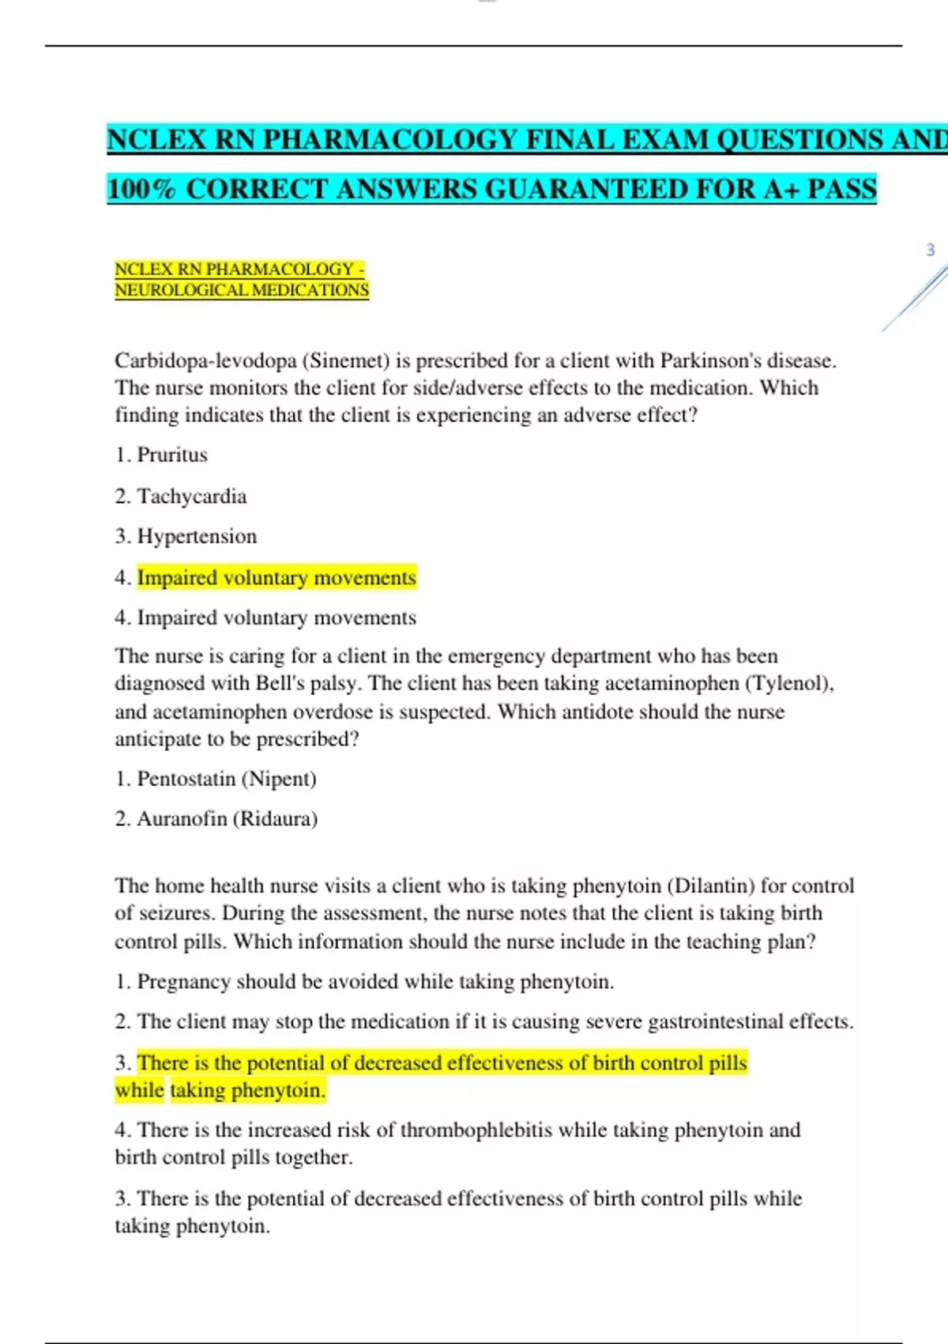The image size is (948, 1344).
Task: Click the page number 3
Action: (930, 251)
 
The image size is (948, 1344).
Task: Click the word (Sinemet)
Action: (347, 361)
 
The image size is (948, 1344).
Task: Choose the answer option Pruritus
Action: (172, 455)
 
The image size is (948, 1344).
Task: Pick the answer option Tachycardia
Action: (192, 496)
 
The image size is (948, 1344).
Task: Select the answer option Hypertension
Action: (197, 537)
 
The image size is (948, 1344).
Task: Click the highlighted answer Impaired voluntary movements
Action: (276, 578)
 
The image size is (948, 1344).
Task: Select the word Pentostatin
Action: (186, 780)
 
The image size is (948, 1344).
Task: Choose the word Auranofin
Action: (182, 819)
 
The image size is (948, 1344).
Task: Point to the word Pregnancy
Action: (183, 982)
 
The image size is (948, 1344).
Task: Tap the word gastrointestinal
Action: (717, 1022)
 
